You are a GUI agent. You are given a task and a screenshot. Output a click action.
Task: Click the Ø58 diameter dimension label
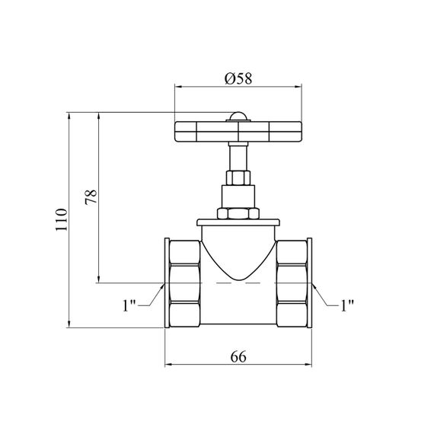(x=238, y=78)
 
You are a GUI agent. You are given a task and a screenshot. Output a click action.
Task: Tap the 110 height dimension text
(x=62, y=220)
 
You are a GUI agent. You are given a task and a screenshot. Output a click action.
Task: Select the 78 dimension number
(x=91, y=196)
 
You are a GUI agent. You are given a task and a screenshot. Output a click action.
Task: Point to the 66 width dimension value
(x=238, y=357)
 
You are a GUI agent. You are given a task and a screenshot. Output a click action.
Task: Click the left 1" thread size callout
(x=129, y=305)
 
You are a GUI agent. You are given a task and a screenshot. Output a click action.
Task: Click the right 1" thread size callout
(x=347, y=305)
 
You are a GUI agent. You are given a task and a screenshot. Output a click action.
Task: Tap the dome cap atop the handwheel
(x=238, y=116)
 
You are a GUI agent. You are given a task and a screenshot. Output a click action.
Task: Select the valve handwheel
(x=238, y=132)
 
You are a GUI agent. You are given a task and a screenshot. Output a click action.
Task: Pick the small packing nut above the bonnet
(x=238, y=178)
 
